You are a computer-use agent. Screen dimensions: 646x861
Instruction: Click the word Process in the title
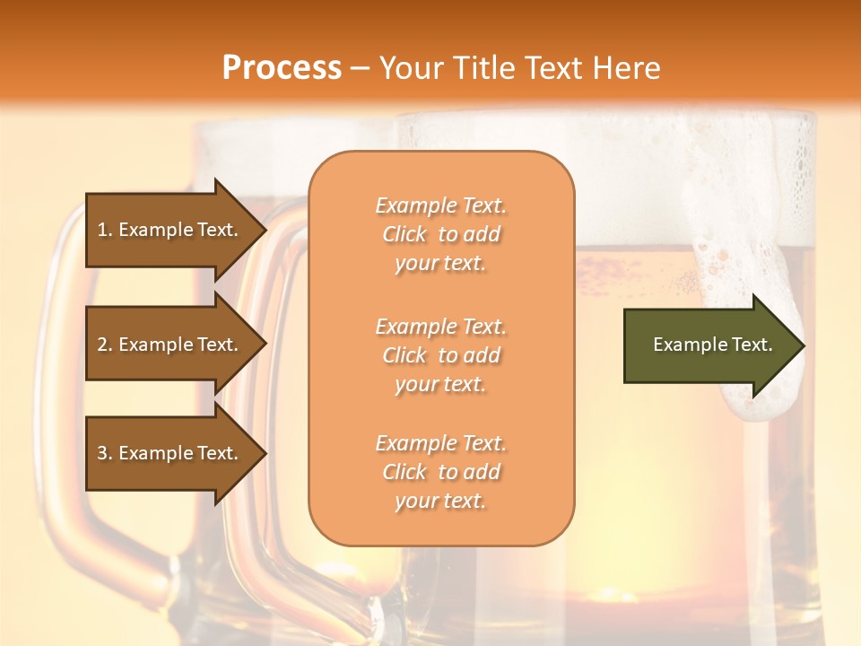(x=282, y=68)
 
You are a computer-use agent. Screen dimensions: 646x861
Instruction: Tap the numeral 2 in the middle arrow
(x=102, y=345)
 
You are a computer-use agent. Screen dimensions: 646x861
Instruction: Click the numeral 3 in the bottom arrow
(x=102, y=453)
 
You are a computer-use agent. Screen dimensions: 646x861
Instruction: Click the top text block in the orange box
(x=440, y=234)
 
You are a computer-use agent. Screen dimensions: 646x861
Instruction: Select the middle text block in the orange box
(x=440, y=355)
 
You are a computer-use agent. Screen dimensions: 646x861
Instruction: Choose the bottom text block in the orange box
(x=440, y=472)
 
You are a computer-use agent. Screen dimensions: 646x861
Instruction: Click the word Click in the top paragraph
(x=404, y=234)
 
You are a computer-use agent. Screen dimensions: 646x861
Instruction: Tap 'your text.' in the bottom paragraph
(x=440, y=501)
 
